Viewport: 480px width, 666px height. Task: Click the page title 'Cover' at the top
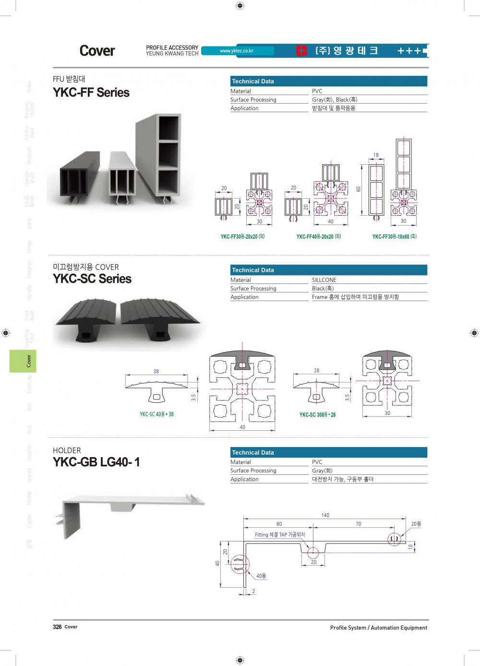97,51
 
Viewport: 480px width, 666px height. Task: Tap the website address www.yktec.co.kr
237,51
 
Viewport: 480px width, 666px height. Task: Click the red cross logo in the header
301,51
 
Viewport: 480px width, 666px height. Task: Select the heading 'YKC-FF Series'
91,93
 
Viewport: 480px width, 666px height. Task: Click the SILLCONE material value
324,280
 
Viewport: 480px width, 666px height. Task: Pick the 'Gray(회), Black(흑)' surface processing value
335,100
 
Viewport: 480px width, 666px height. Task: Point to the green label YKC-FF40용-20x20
318,237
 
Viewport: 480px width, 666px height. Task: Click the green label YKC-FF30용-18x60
394,237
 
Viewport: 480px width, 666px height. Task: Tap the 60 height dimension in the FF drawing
358,189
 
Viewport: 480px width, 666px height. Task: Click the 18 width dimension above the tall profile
376,155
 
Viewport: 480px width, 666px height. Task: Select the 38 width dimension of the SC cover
156,371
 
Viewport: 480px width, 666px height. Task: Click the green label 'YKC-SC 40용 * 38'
156,414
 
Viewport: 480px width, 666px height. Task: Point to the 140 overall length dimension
325,515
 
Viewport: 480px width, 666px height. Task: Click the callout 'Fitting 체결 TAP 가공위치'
280,534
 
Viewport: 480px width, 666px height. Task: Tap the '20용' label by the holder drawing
416,524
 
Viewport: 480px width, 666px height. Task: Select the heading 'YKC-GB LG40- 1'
96,462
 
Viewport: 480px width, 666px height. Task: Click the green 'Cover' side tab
23,361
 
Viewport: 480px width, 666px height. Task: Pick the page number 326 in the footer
57,627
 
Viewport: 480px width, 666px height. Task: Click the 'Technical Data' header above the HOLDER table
253,452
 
